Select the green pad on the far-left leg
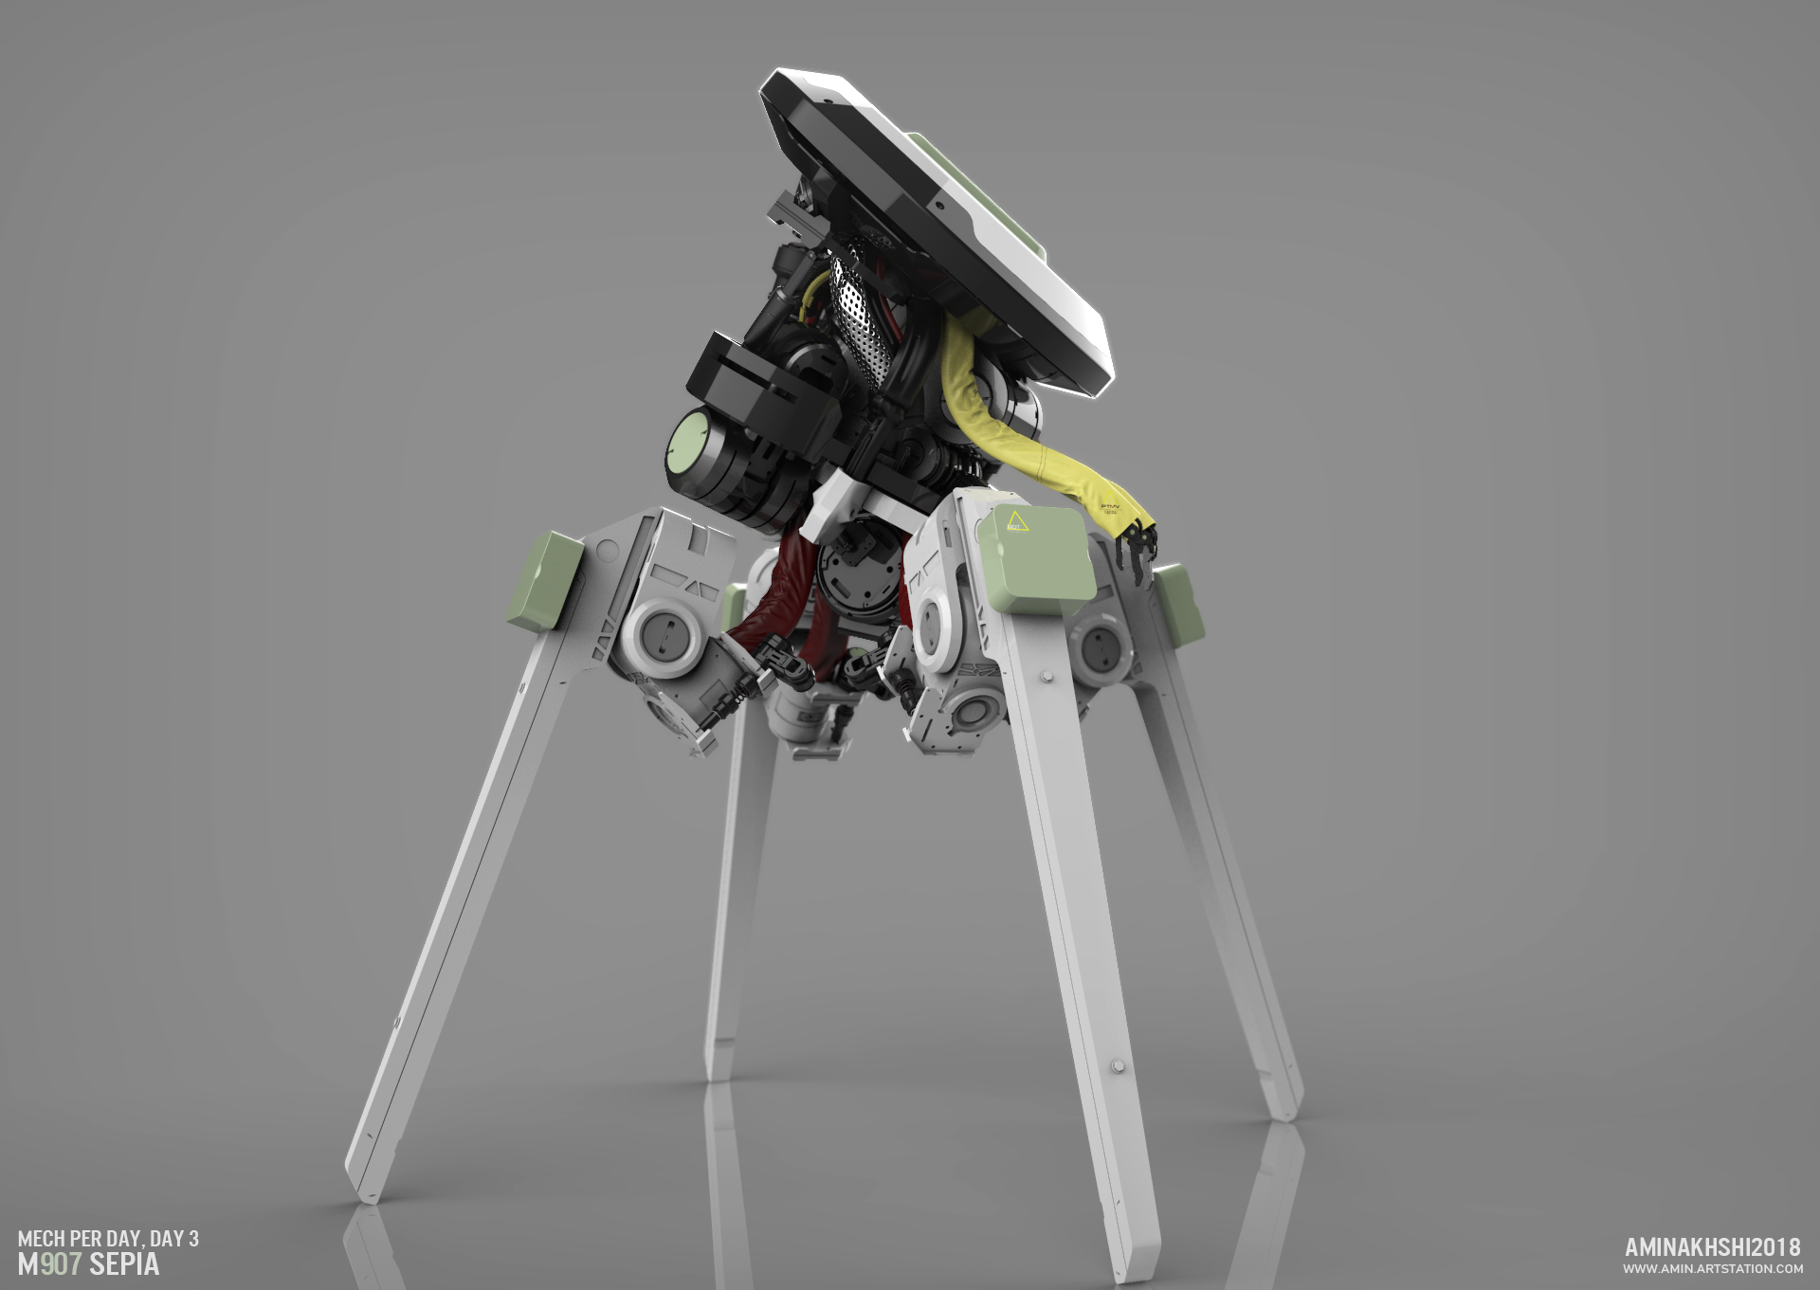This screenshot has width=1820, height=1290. pyautogui.click(x=541, y=581)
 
